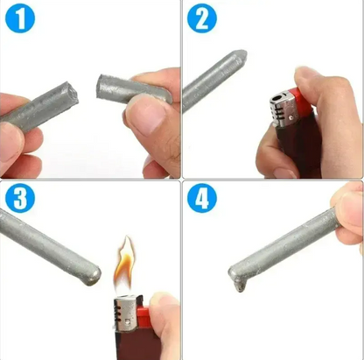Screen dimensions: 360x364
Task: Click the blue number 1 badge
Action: coord(20,20)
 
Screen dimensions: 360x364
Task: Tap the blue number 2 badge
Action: coord(203,20)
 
